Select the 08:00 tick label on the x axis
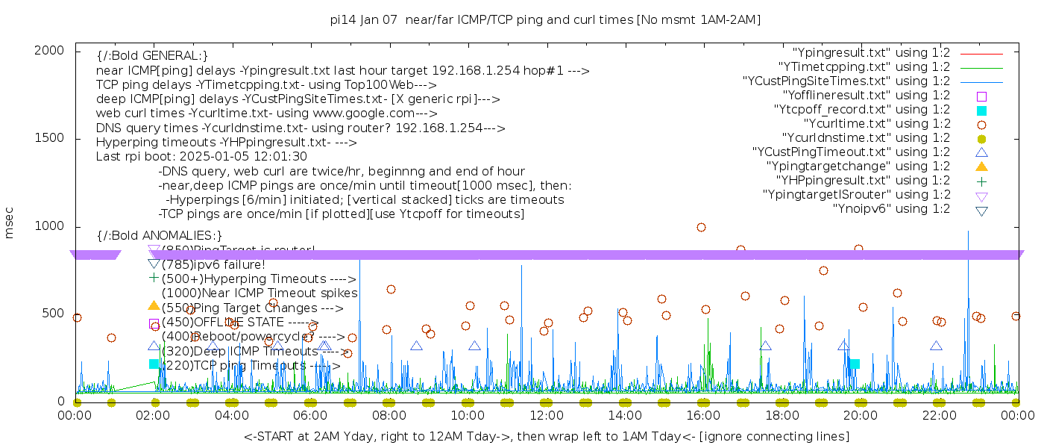(389, 415)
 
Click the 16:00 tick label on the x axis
(702, 415)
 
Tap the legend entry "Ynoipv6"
(891, 209)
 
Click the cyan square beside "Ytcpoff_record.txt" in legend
(981, 110)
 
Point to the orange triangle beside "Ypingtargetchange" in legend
(981, 167)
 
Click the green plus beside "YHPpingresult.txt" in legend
(981, 181)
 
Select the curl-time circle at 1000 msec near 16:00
(701, 227)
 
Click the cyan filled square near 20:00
(855, 364)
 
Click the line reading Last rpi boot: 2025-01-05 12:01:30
(201, 157)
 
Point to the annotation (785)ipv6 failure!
(213, 264)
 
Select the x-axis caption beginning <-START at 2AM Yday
(546, 436)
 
